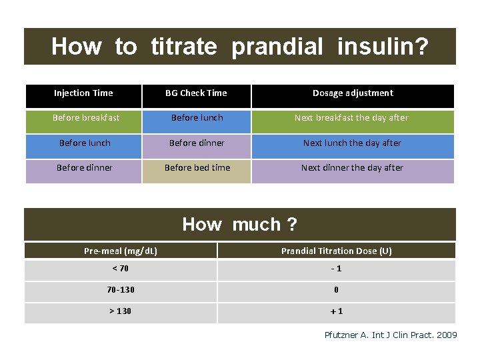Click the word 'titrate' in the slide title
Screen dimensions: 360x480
tap(183, 47)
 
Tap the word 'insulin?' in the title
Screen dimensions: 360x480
tap(383, 47)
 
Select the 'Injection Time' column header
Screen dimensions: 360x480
tap(83, 93)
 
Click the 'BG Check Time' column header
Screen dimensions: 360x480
tap(196, 93)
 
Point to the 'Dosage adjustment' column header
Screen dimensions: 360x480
tap(353, 93)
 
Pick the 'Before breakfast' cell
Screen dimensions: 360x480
tap(86, 118)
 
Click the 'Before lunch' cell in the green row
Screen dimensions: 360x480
tap(197, 118)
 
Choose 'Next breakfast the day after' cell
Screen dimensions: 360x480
tap(352, 118)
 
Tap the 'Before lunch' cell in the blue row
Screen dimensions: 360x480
tap(85, 143)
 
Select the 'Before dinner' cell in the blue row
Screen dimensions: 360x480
tap(197, 143)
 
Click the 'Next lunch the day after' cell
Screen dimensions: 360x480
tap(352, 143)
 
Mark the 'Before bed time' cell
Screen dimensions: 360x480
tap(197, 168)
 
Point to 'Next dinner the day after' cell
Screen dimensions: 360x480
tap(352, 168)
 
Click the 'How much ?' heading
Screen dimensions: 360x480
tap(239, 225)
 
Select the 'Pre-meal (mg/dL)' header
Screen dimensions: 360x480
tap(121, 251)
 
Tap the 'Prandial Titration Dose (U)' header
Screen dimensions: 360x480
tap(336, 251)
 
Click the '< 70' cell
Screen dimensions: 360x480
tap(121, 269)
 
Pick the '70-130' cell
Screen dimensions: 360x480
tap(121, 290)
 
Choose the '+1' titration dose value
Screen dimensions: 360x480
tap(336, 311)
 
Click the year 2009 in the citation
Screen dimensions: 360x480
tap(446, 335)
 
